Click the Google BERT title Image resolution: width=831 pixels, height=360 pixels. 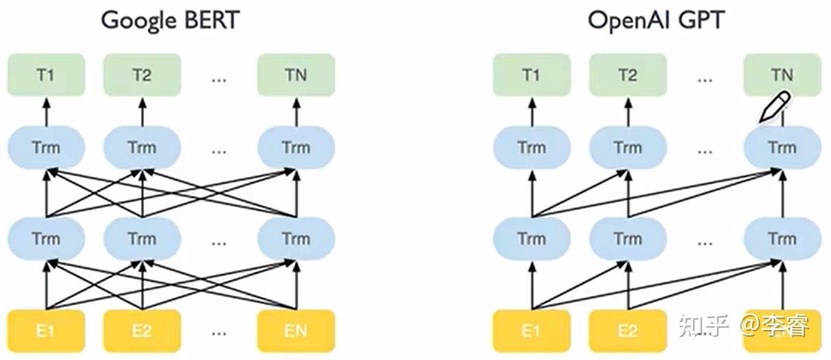point(170,20)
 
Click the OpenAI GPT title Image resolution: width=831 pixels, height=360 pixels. point(656,20)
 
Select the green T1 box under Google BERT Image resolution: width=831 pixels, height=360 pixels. point(46,75)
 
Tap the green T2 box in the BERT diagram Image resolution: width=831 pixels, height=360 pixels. point(142,75)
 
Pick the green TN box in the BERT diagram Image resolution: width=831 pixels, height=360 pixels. point(296,75)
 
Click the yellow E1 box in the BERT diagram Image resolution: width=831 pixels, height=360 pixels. point(46,330)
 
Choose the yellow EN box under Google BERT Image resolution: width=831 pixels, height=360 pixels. point(296,330)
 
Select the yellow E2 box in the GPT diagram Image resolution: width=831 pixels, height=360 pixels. point(628,330)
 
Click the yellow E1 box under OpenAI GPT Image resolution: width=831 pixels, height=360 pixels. point(532,330)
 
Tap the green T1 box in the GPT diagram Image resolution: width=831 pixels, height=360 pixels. point(532,75)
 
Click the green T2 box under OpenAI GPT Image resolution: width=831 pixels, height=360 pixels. point(628,75)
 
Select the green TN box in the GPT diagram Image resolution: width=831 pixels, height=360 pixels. point(783,75)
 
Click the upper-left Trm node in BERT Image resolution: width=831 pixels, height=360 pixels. point(46,148)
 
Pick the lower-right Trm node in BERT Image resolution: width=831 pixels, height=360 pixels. point(296,239)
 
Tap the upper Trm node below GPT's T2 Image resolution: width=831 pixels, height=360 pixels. point(628,148)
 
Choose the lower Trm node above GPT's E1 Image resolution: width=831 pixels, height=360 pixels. point(532,239)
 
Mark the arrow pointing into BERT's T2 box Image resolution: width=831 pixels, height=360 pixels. point(142,112)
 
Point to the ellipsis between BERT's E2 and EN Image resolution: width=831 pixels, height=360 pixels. point(219,334)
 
